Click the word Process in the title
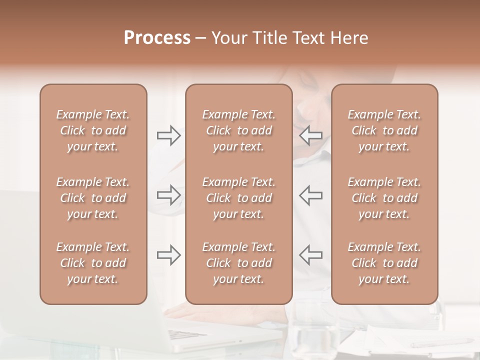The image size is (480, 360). [x=157, y=38]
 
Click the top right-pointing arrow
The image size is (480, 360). [x=168, y=135]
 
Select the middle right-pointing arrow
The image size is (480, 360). [x=168, y=195]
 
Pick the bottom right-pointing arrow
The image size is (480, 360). [x=168, y=255]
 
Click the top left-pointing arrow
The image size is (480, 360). [x=310, y=135]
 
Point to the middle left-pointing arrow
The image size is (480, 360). [x=310, y=195]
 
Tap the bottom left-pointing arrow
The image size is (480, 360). [x=310, y=255]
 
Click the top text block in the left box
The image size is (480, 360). [x=93, y=130]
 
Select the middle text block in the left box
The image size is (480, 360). [x=93, y=198]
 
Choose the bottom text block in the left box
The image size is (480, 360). [x=93, y=263]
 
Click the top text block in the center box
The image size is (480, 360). [x=238, y=130]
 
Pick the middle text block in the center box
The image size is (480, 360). [x=238, y=198]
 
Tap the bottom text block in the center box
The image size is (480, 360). [x=238, y=263]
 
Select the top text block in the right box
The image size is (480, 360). [x=384, y=130]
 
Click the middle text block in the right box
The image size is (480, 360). [x=384, y=198]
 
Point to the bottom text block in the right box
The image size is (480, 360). [x=384, y=263]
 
